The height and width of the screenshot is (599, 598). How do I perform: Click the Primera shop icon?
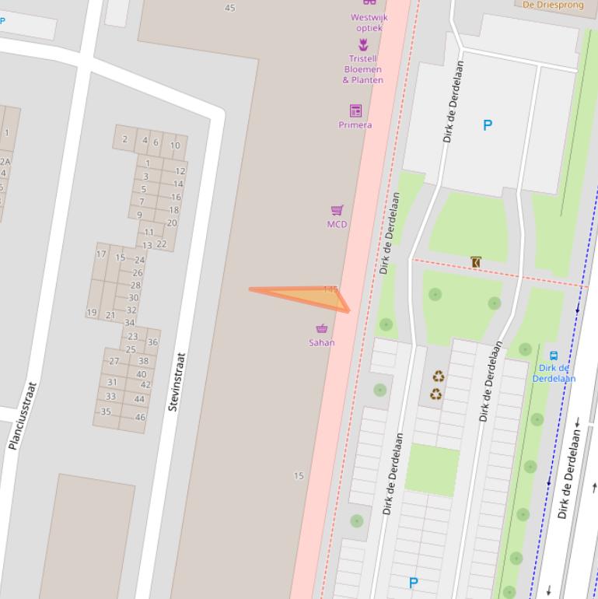(x=355, y=110)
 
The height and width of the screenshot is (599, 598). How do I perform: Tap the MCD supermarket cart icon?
(x=337, y=210)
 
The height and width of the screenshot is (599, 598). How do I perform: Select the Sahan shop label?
(x=322, y=342)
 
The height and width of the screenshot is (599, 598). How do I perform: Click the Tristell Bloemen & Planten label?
(x=363, y=69)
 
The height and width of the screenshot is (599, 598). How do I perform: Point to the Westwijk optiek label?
(x=369, y=23)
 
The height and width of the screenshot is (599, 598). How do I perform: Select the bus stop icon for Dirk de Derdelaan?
(x=554, y=356)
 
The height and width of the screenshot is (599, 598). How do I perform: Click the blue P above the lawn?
(x=488, y=124)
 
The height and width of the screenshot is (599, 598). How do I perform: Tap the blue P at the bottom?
(x=414, y=582)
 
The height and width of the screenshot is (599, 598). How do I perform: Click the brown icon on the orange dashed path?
(x=476, y=262)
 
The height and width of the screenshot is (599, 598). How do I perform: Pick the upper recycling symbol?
(x=438, y=377)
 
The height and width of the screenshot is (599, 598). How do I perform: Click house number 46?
(x=140, y=417)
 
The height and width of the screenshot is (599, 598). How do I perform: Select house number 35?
(x=107, y=412)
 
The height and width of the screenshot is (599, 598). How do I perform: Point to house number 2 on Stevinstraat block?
(x=124, y=140)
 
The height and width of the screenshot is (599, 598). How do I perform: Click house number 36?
(x=152, y=342)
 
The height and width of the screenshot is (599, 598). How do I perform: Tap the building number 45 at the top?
(x=229, y=8)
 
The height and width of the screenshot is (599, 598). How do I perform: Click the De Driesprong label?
(x=553, y=4)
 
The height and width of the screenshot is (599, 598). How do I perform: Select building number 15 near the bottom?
(x=299, y=476)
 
